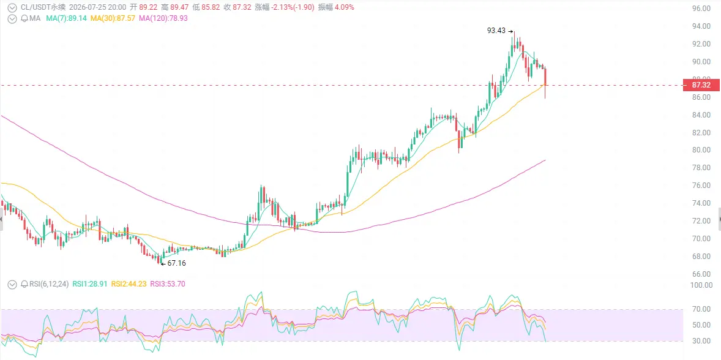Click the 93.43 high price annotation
click(x=496, y=31)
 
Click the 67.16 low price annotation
click(x=176, y=263)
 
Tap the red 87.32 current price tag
click(x=701, y=85)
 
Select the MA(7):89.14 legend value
click(x=66, y=18)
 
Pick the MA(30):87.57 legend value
click(x=113, y=18)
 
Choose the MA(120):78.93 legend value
click(x=163, y=18)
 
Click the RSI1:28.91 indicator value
click(x=91, y=284)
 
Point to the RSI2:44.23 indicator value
click(x=130, y=284)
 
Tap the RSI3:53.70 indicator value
click(x=168, y=284)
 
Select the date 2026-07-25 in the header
click(x=86, y=7)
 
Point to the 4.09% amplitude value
click(x=344, y=7)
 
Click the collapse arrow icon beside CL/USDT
click(x=12, y=7)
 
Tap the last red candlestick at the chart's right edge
click(x=545, y=83)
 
